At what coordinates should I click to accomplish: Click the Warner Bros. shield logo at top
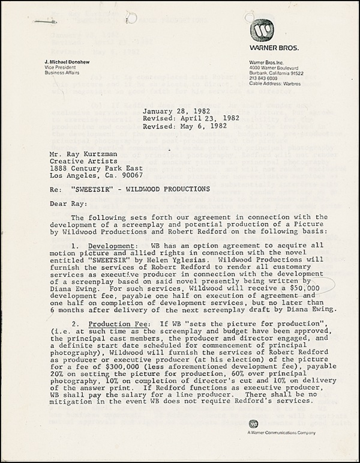point(262,29)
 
